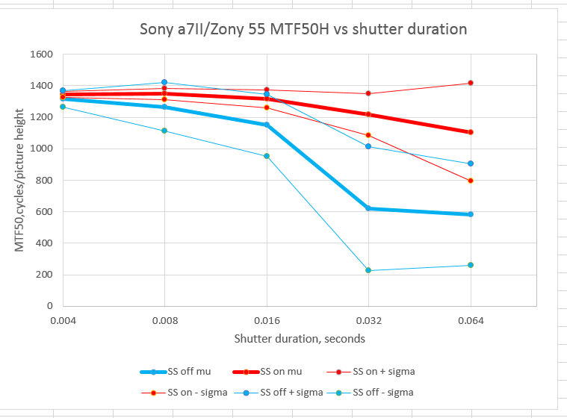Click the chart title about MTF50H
tap(303, 30)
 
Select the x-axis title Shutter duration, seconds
tap(300, 338)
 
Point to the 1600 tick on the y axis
tap(40, 54)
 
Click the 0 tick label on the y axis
tap(49, 306)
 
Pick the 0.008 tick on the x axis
tap(164, 320)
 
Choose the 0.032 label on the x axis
tap(368, 320)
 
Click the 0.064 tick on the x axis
tap(471, 320)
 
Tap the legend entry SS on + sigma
tap(379, 371)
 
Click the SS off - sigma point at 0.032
tap(368, 270)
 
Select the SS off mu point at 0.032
tap(368, 208)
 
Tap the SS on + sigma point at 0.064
tap(471, 83)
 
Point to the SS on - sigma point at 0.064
tap(471, 181)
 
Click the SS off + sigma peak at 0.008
tap(164, 82)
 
